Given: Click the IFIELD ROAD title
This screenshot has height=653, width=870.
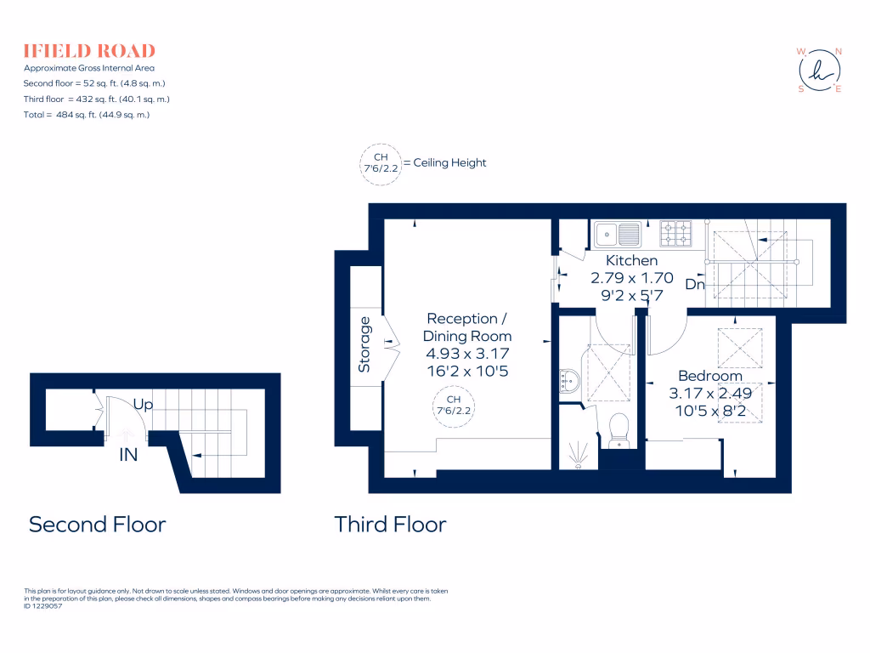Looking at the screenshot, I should [89, 50].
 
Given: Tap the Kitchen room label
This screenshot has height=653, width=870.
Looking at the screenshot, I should [631, 261].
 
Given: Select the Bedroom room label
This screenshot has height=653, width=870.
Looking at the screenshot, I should [709, 376].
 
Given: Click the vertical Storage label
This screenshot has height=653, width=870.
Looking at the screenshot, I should [365, 344].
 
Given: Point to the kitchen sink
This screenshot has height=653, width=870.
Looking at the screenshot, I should [617, 232].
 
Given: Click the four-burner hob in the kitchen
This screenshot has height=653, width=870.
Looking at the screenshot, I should [677, 232].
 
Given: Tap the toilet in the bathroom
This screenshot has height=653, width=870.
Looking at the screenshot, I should [618, 428].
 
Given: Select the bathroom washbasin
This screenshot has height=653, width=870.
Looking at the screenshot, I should [566, 383].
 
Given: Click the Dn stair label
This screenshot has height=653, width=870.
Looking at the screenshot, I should [695, 285].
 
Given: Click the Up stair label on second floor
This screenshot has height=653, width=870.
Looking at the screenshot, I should [143, 405].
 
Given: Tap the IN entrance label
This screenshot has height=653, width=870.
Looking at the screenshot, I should [128, 455].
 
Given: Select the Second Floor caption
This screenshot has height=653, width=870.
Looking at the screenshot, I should [97, 525].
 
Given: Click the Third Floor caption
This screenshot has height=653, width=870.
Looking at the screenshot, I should [390, 525].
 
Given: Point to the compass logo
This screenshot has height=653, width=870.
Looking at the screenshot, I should [819, 70].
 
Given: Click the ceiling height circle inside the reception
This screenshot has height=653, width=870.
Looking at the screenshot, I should [453, 405].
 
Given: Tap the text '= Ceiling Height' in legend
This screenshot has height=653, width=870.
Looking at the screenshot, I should [444, 162].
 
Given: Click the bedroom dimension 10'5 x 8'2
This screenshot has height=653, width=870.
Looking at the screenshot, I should [709, 411].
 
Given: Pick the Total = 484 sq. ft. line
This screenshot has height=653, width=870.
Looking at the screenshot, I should [87, 114].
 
